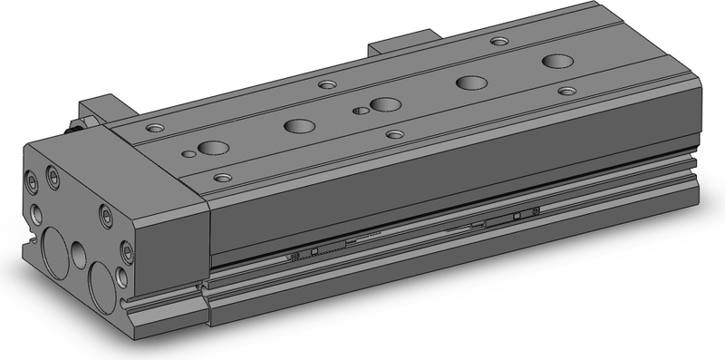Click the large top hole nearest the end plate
click(215, 148)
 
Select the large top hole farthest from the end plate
click(556, 62)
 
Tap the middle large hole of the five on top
click(385, 104)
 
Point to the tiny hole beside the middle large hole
click(362, 111)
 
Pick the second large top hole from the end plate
click(295, 126)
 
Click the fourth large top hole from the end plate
click(469, 83)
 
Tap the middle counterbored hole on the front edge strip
click(394, 134)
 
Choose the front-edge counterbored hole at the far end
click(567, 91)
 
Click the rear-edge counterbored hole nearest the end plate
click(156, 128)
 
